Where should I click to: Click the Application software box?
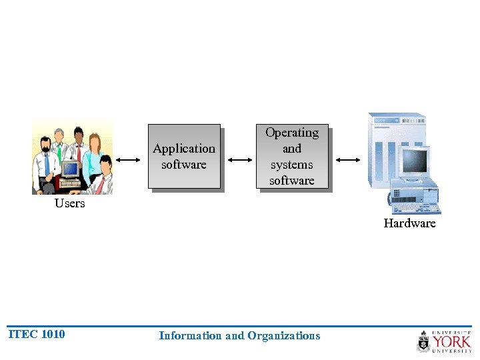pyautogui.click(x=184, y=157)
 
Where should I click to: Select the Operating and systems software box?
pyautogui.click(x=292, y=157)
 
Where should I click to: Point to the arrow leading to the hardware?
pyautogui.click(x=347, y=160)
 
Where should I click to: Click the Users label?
pyautogui.click(x=70, y=204)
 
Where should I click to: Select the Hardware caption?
pyautogui.click(x=409, y=223)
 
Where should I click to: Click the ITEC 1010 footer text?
pyautogui.click(x=37, y=335)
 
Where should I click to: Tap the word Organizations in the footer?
pyautogui.click(x=283, y=336)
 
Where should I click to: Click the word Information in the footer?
pyautogui.click(x=190, y=336)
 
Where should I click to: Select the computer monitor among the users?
pyautogui.click(x=70, y=169)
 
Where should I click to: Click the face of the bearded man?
pyautogui.click(x=45, y=145)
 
